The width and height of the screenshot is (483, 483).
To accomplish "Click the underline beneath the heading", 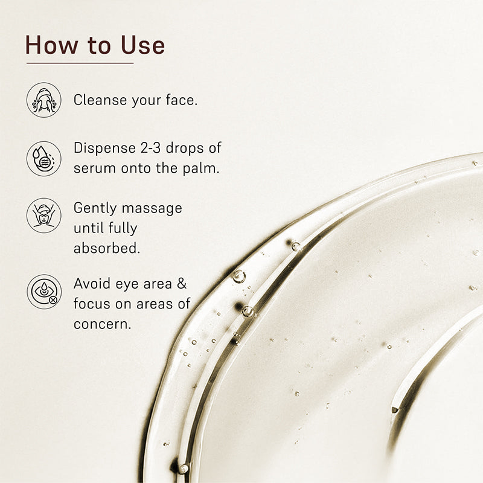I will coord(80,63).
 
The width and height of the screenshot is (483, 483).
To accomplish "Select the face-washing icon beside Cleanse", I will coord(43,100).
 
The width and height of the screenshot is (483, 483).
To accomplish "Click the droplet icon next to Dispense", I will coord(43,158).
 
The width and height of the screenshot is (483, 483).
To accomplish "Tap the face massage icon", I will coord(43,216).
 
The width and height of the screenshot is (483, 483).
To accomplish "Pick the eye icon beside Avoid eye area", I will coord(43,292).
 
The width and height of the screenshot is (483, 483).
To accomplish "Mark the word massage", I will coord(152,209).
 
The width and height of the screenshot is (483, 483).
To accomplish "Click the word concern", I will coord(101,324).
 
